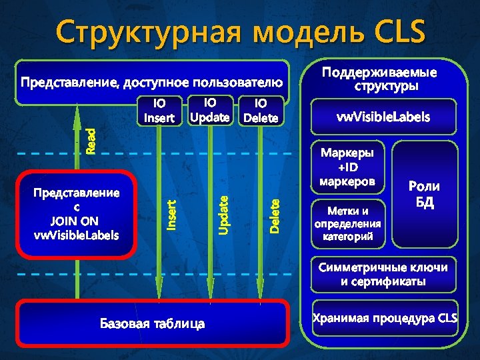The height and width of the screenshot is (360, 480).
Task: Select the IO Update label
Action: pos(210,110)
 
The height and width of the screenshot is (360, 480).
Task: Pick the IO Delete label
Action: pos(261,111)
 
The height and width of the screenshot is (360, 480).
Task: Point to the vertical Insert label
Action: pos(171,215)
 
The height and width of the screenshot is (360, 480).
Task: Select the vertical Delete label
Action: pos(275,215)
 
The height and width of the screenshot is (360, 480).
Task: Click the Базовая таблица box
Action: pos(153,323)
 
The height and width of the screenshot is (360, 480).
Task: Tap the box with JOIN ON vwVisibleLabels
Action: pos(76,213)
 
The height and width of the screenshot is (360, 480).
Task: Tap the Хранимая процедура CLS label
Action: pos(385,318)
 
